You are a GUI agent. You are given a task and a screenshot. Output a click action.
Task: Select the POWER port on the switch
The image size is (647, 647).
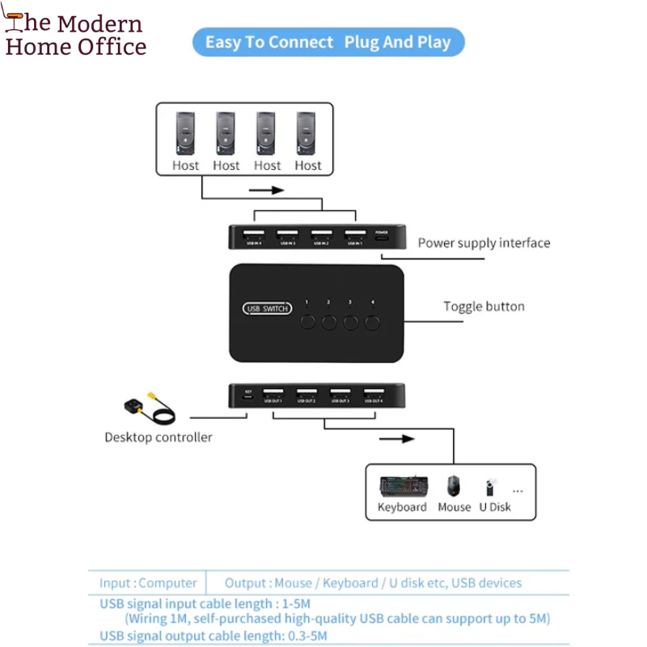click(382, 236)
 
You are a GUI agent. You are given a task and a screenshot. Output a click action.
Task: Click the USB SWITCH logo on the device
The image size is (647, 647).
click(268, 308)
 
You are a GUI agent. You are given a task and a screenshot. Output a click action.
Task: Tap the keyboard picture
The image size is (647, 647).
click(402, 486)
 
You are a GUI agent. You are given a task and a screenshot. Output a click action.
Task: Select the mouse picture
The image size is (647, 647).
click(454, 485)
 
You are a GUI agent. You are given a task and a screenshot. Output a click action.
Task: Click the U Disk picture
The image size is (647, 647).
click(491, 487)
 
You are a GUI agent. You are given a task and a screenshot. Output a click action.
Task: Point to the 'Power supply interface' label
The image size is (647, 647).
click(484, 243)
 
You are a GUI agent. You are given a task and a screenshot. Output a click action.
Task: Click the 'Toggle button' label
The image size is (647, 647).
click(484, 307)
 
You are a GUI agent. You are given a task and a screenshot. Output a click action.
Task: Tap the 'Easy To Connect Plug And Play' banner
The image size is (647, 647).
click(328, 42)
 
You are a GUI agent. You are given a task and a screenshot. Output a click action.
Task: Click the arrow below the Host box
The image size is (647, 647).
click(267, 191)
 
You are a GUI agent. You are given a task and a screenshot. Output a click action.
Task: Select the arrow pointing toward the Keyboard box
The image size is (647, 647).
click(396, 439)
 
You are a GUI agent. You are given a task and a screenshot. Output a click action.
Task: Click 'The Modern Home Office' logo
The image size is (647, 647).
click(74, 36)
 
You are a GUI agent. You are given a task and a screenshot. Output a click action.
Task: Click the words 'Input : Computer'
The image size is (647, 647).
click(148, 583)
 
